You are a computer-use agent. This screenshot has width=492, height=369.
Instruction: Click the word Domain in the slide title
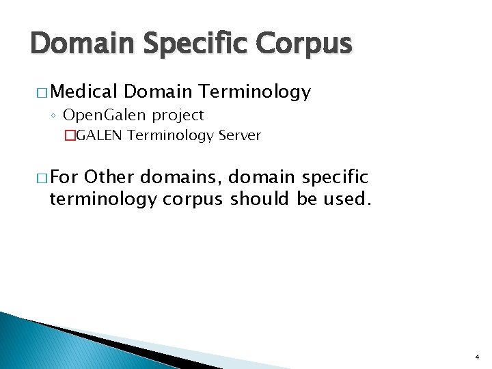pyautogui.click(x=81, y=44)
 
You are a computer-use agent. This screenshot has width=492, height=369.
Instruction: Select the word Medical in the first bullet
pyautogui.click(x=85, y=92)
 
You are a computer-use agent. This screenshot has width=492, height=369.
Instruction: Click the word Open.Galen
pyautogui.click(x=103, y=115)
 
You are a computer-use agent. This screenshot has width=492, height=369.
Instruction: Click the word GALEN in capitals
pyautogui.click(x=99, y=135)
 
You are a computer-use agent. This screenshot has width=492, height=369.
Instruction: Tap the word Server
pyautogui.click(x=239, y=135)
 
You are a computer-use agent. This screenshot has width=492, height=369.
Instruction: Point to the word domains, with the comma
pyautogui.click(x=181, y=178)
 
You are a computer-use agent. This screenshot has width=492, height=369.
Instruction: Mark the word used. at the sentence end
pyautogui.click(x=349, y=199)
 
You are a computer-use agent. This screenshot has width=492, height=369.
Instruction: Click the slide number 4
pyautogui.click(x=476, y=357)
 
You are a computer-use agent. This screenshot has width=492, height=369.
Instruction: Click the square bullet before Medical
pyautogui.click(x=42, y=92)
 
